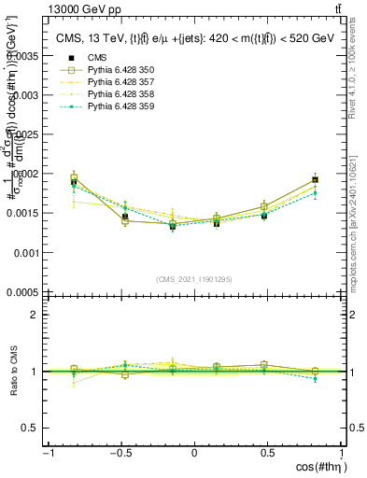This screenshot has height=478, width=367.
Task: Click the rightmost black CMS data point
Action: click(315, 179)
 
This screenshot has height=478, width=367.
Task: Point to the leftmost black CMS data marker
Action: click(74, 183)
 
